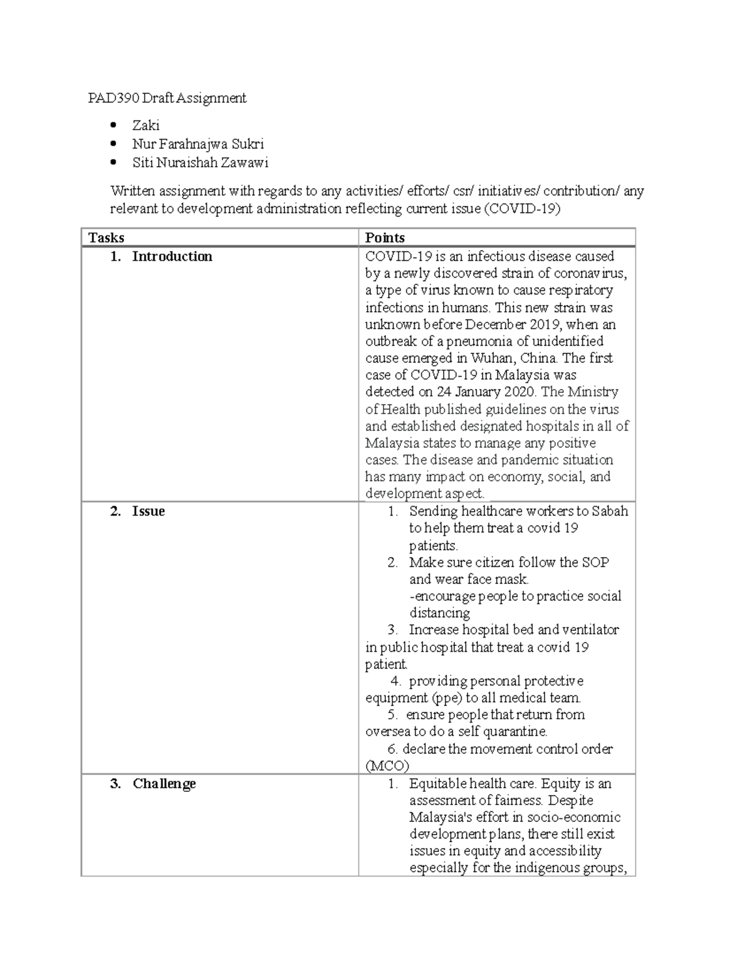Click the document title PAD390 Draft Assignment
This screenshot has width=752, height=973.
coord(167,98)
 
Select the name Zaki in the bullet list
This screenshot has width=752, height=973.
coord(145,126)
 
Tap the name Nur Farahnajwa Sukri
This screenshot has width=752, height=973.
coord(197,144)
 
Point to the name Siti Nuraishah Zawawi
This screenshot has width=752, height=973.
coord(200,163)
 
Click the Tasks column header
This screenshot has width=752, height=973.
coord(106,237)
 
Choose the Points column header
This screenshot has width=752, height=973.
coord(385,237)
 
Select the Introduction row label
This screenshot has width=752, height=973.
coord(172,256)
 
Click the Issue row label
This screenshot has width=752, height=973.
coord(148,511)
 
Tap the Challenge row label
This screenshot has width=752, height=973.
coord(164,784)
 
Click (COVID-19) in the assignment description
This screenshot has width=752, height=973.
coord(522,209)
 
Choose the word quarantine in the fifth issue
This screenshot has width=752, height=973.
coord(516,732)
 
